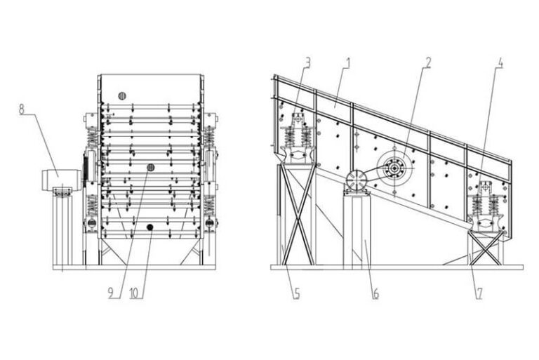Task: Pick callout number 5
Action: (x=298, y=293)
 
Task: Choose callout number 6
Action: (x=376, y=293)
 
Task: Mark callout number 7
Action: (x=479, y=293)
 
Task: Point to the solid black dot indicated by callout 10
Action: (x=150, y=227)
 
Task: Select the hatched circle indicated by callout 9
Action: (x=149, y=167)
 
